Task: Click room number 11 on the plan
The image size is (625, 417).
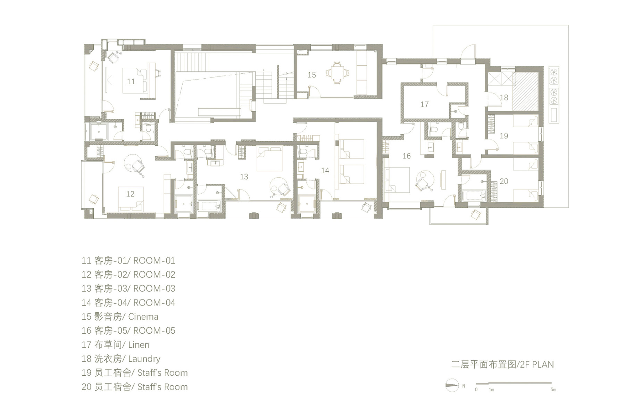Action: [131, 81]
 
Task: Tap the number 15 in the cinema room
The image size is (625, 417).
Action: [311, 75]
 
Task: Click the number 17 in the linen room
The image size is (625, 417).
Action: [424, 104]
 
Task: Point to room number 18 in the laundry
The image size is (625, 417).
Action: [504, 98]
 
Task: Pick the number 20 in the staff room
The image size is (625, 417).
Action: [504, 181]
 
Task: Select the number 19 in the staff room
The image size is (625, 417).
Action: [504, 136]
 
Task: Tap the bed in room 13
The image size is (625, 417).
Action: [269, 159]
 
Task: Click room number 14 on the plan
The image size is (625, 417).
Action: [325, 170]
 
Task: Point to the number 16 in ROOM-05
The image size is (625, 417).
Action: [406, 156]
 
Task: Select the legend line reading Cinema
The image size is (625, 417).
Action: [120, 317]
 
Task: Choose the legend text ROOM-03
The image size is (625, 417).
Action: [128, 288]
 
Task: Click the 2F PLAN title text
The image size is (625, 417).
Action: [502, 365]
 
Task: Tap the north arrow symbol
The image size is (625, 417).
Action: [452, 385]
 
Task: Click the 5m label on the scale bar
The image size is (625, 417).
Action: [553, 390]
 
